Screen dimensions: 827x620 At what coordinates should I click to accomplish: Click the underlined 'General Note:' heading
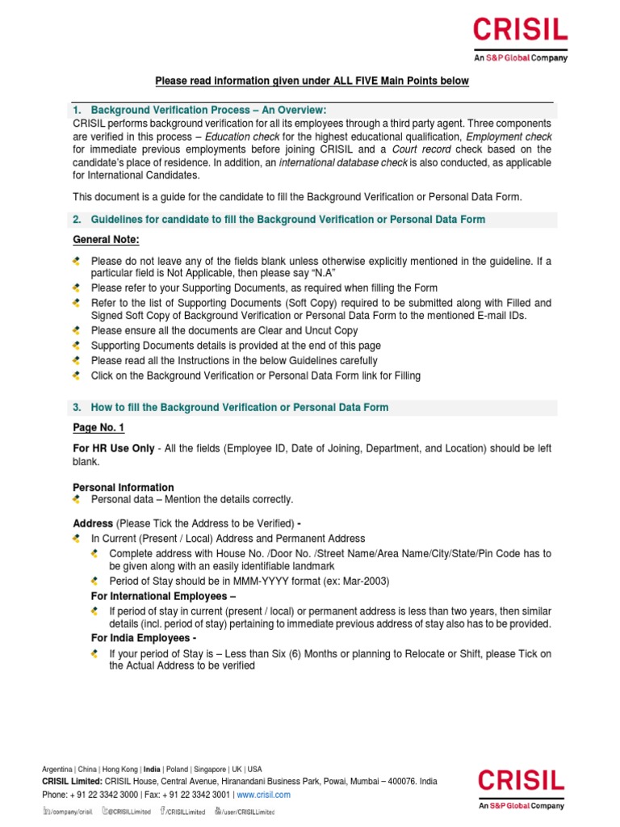pos(106,240)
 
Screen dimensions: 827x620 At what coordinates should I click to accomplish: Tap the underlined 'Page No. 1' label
pos(98,427)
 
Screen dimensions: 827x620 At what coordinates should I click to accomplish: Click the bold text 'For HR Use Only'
pos(113,448)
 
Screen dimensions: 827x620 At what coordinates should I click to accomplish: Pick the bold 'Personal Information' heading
pos(123,487)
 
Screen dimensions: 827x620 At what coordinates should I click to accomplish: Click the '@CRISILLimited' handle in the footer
pos(131,812)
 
